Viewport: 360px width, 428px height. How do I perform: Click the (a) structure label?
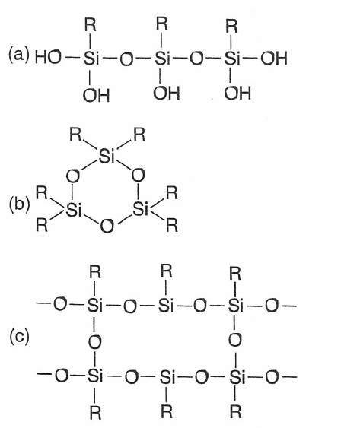click(18, 55)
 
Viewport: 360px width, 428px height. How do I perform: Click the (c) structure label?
click(19, 337)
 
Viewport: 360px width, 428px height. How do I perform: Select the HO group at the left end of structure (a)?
click(48, 58)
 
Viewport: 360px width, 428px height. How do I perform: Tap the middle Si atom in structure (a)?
click(162, 58)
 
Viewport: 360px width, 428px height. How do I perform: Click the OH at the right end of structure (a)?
click(274, 59)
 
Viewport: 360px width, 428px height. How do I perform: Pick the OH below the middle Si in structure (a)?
click(167, 93)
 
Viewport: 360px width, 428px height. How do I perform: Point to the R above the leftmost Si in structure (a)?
click(91, 25)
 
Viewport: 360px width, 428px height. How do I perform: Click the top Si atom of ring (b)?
click(107, 156)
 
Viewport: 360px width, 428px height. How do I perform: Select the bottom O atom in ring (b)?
click(107, 227)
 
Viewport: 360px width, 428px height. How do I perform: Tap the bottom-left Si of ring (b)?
click(74, 210)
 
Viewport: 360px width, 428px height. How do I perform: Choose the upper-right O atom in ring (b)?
click(138, 176)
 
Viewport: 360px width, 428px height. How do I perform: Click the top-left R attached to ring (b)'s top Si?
click(75, 135)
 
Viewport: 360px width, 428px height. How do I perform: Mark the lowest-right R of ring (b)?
click(172, 226)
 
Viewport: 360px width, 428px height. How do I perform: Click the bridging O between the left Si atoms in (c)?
click(94, 342)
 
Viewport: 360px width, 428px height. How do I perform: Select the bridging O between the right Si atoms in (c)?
click(235, 340)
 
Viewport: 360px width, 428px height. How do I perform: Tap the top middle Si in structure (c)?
click(166, 305)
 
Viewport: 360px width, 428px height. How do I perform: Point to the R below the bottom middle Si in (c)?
click(167, 411)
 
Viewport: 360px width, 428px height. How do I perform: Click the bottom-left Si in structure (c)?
click(95, 376)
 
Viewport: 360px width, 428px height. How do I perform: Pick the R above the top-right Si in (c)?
click(235, 274)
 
